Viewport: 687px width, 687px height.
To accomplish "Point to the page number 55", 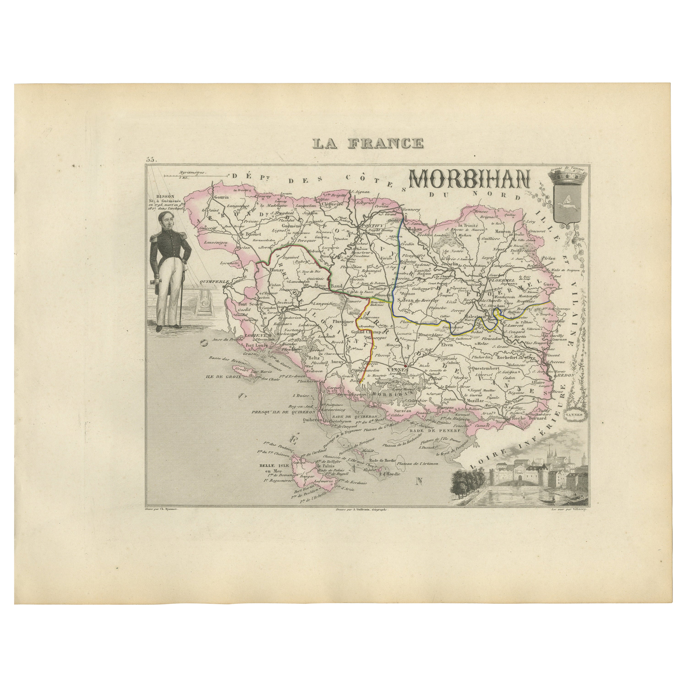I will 151,160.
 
